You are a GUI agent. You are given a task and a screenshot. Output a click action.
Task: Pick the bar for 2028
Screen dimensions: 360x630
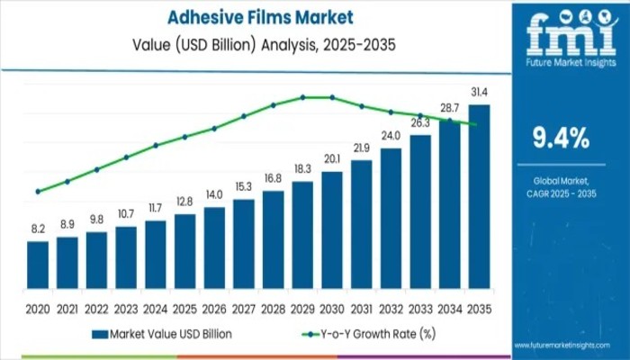pos(273,244)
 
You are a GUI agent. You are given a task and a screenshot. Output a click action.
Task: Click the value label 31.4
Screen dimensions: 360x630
pos(479,93)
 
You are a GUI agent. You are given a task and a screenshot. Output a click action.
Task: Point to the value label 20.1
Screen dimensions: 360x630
pos(332,159)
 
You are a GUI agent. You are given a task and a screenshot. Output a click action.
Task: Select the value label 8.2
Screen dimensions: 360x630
pos(38,229)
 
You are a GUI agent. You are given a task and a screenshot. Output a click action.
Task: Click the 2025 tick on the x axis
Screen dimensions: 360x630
pos(184,309)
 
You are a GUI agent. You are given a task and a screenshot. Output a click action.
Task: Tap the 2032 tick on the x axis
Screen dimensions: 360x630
pos(391,309)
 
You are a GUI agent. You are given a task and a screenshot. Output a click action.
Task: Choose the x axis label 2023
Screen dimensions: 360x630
pos(126,309)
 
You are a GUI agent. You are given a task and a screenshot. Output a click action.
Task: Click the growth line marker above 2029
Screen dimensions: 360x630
pos(302,97)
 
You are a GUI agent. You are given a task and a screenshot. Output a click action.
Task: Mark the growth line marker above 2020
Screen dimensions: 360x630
pos(38,192)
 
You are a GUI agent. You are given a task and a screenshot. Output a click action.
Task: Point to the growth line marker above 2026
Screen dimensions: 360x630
pos(214,128)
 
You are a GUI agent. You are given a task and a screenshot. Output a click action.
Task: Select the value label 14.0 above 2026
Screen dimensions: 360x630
pos(214,194)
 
